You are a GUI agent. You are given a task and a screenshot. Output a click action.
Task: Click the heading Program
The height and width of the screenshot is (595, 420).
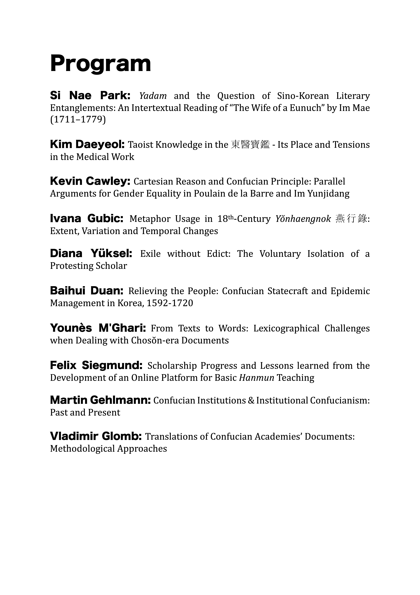tap(100, 64)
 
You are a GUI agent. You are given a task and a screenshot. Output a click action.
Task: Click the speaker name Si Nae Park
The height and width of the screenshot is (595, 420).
tap(90, 96)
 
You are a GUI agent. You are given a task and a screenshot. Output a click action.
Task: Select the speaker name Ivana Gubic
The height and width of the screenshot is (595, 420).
tap(87, 218)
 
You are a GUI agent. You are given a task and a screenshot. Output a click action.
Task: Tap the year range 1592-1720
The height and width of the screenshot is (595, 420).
tap(170, 303)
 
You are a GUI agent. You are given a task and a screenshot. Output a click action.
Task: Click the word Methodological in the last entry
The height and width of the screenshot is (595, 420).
tap(82, 449)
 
